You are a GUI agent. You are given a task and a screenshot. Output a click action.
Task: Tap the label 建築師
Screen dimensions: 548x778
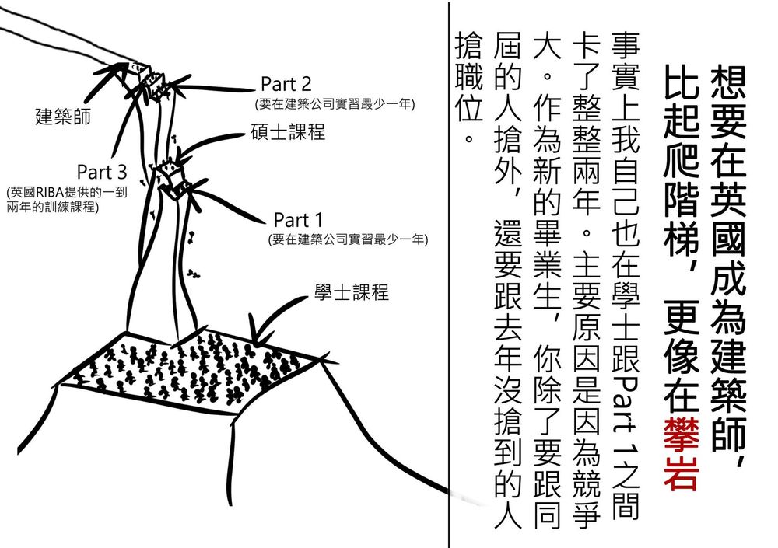point(63,117)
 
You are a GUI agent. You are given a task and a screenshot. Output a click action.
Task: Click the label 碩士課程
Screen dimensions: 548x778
point(287,132)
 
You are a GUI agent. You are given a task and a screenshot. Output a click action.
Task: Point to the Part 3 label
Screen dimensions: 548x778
point(101,170)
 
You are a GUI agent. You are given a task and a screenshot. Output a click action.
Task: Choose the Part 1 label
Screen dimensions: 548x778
point(297,220)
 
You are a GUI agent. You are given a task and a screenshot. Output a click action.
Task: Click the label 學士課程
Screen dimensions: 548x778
point(351,293)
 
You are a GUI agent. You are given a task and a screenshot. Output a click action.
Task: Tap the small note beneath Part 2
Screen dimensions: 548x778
point(335,103)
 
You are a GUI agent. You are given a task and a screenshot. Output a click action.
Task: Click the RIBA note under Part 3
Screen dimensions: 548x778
point(66,199)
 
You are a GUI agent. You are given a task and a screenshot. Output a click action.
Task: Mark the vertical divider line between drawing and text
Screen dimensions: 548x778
point(450,272)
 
